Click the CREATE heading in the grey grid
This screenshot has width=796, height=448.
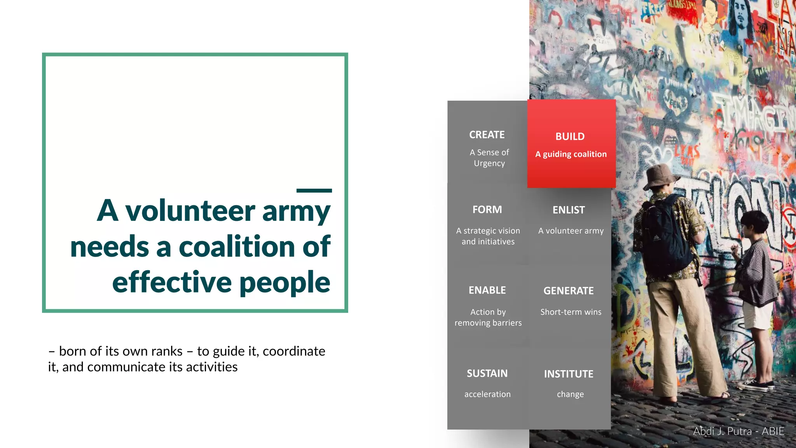tap(487, 135)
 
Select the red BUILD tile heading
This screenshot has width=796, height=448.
tap(570, 136)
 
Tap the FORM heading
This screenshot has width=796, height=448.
tap(487, 210)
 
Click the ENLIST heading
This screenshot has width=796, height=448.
tap(569, 210)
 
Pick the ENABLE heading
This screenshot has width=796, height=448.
tap(487, 290)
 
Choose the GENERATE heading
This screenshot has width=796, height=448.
tap(569, 291)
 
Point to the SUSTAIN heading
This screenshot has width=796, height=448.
tap(487, 373)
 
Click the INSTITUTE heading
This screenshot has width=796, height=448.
tap(569, 374)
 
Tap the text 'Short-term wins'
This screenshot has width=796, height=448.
tap(571, 312)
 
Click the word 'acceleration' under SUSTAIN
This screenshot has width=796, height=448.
tap(487, 394)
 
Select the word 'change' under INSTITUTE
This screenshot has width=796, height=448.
tap(570, 394)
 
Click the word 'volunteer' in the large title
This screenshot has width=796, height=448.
tap(190, 211)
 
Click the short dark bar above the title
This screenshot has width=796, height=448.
tap(314, 191)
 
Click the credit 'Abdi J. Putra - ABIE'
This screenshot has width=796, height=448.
tap(738, 431)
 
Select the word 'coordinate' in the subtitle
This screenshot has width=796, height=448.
tap(294, 351)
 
